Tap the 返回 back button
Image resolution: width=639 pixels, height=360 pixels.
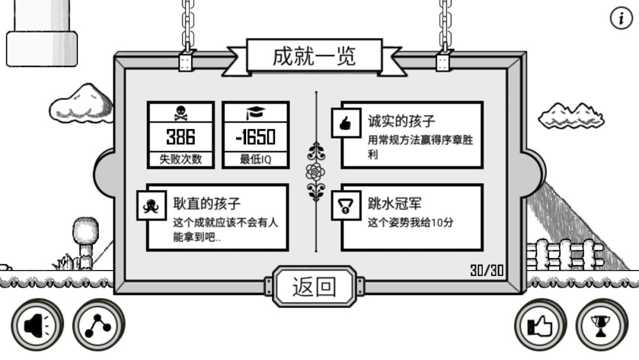click(x=314, y=286)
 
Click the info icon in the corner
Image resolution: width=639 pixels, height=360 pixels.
click(x=621, y=18)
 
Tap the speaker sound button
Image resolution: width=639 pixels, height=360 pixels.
click(x=37, y=325)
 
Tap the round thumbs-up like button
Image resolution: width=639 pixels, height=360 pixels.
click(x=540, y=325)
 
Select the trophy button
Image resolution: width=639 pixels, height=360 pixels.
click(x=602, y=325)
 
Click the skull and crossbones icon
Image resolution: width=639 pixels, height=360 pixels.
click(x=180, y=113)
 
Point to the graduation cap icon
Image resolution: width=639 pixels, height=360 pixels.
click(x=256, y=112)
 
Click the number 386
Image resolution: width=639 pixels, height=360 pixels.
click(x=180, y=137)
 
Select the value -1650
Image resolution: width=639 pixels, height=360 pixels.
click(x=256, y=137)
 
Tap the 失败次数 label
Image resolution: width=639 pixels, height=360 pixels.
click(x=180, y=159)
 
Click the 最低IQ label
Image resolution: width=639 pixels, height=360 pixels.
click(x=256, y=159)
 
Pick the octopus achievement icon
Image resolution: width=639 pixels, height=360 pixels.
click(x=151, y=205)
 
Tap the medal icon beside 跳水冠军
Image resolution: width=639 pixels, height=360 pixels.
click(x=346, y=205)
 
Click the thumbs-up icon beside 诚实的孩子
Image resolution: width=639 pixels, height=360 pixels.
click(x=346, y=123)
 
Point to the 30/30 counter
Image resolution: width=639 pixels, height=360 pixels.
click(x=487, y=271)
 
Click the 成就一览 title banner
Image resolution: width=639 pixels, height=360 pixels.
click(x=314, y=57)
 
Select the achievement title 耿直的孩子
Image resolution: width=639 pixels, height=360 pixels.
click(x=207, y=203)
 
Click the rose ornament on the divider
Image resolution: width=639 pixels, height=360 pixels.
click(x=315, y=172)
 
